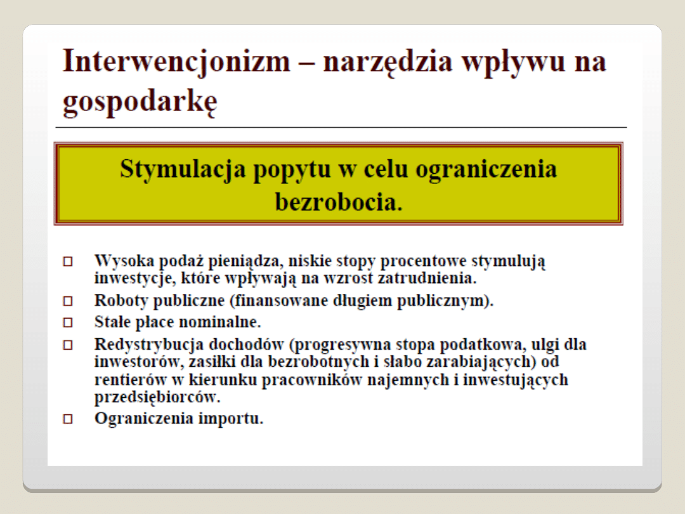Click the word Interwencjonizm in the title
(176, 62)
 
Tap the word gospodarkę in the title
(140, 102)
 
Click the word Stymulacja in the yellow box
(183, 169)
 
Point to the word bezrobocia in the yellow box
(339, 202)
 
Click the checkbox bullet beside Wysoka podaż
(68, 261)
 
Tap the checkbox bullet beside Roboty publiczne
(68, 301)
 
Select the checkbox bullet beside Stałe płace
(68, 322)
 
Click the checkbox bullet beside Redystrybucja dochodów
(68, 345)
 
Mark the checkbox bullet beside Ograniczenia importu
(68, 419)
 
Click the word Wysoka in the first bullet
(124, 261)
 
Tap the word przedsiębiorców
(157, 398)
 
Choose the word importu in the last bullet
(231, 419)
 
